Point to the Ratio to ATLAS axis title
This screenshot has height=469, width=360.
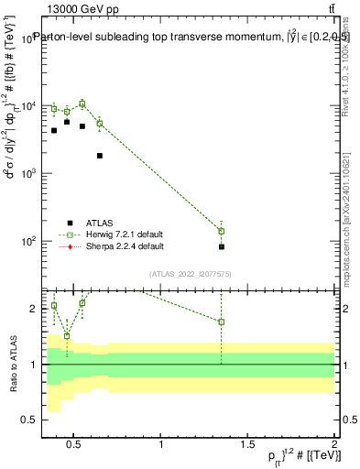point(11,364)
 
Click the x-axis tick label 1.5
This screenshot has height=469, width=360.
point(247,446)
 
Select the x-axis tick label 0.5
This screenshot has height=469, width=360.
point(75,446)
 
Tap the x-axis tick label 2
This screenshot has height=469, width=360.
point(333,446)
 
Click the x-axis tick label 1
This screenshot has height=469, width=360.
point(161,446)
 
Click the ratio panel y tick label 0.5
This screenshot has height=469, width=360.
point(27,420)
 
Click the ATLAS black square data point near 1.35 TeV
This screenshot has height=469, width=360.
point(222,246)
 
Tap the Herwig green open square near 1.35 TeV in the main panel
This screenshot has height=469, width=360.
point(222,231)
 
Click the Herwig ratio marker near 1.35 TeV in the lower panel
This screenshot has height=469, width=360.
point(222,322)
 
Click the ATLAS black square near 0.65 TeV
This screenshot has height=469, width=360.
point(100,156)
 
